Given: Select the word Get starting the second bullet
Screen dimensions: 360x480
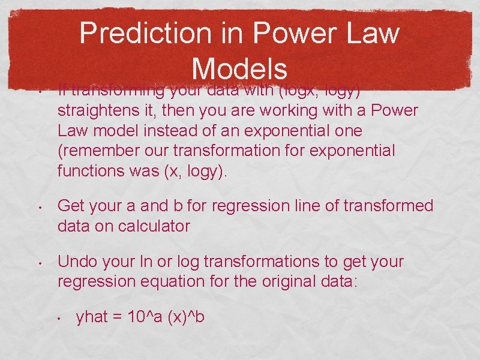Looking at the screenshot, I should [x=71, y=206].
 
